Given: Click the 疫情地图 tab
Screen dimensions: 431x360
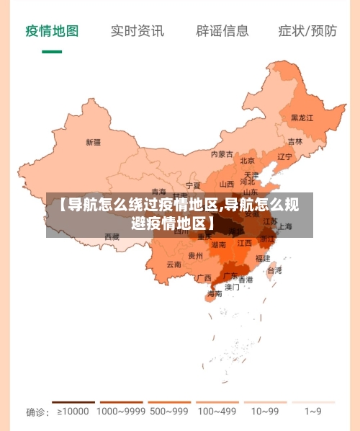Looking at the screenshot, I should point(52,31).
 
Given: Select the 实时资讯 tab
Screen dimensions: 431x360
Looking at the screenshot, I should point(137,31).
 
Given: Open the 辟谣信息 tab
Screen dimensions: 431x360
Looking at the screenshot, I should point(222,31).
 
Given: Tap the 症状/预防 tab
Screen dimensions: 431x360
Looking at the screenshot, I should point(307,31).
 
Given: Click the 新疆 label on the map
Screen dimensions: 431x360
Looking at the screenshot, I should point(93,142).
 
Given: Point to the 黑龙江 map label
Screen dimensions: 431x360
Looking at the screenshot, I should point(302,117).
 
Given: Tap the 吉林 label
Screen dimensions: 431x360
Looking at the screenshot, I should point(295,142).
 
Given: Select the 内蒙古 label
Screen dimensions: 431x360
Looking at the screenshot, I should point(222,154).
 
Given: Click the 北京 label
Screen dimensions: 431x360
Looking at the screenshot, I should point(248,161).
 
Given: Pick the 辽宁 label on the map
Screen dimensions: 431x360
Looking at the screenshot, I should point(285,156).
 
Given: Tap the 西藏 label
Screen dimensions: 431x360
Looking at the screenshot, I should point(112,236).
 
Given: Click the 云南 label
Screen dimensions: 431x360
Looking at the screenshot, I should point(174,265).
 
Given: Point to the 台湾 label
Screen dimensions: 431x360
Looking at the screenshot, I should point(274,271).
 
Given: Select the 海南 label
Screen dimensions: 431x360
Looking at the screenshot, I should point(215,293).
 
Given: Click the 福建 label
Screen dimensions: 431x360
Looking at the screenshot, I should point(263,258).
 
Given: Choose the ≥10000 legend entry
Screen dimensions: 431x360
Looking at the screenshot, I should point(73,412).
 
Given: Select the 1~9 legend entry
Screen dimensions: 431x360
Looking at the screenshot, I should point(312,412).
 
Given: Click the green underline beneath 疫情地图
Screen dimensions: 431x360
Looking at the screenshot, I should point(52,52).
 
